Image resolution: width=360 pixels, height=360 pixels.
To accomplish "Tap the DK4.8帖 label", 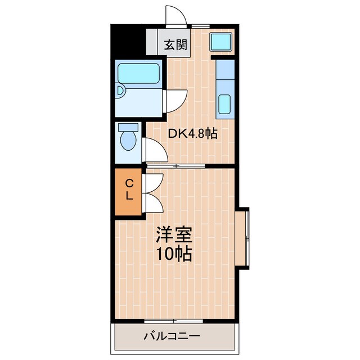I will pyautogui.click(x=193, y=134).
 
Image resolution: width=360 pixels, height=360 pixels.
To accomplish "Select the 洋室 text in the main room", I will pyautogui.click(x=174, y=234).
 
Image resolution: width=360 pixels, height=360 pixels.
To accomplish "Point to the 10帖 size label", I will pyautogui.click(x=174, y=254).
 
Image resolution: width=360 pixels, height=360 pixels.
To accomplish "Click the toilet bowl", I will pyautogui.click(x=128, y=141).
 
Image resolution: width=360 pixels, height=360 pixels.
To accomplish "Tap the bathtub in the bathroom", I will pyautogui.click(x=138, y=74).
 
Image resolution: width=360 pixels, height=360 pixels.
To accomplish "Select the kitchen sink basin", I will pyautogui.click(x=224, y=105).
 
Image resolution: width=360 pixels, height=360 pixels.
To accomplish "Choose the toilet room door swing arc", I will pyautogui.click(x=156, y=150).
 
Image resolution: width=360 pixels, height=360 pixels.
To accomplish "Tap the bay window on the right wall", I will pyautogui.click(x=242, y=237).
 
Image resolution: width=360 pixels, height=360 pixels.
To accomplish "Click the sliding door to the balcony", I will pyautogui.click(x=173, y=321).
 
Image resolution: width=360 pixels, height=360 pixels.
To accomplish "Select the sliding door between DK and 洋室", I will pyautogui.click(x=175, y=165).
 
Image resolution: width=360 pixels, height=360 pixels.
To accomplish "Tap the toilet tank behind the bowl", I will pyautogui.click(x=128, y=127).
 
